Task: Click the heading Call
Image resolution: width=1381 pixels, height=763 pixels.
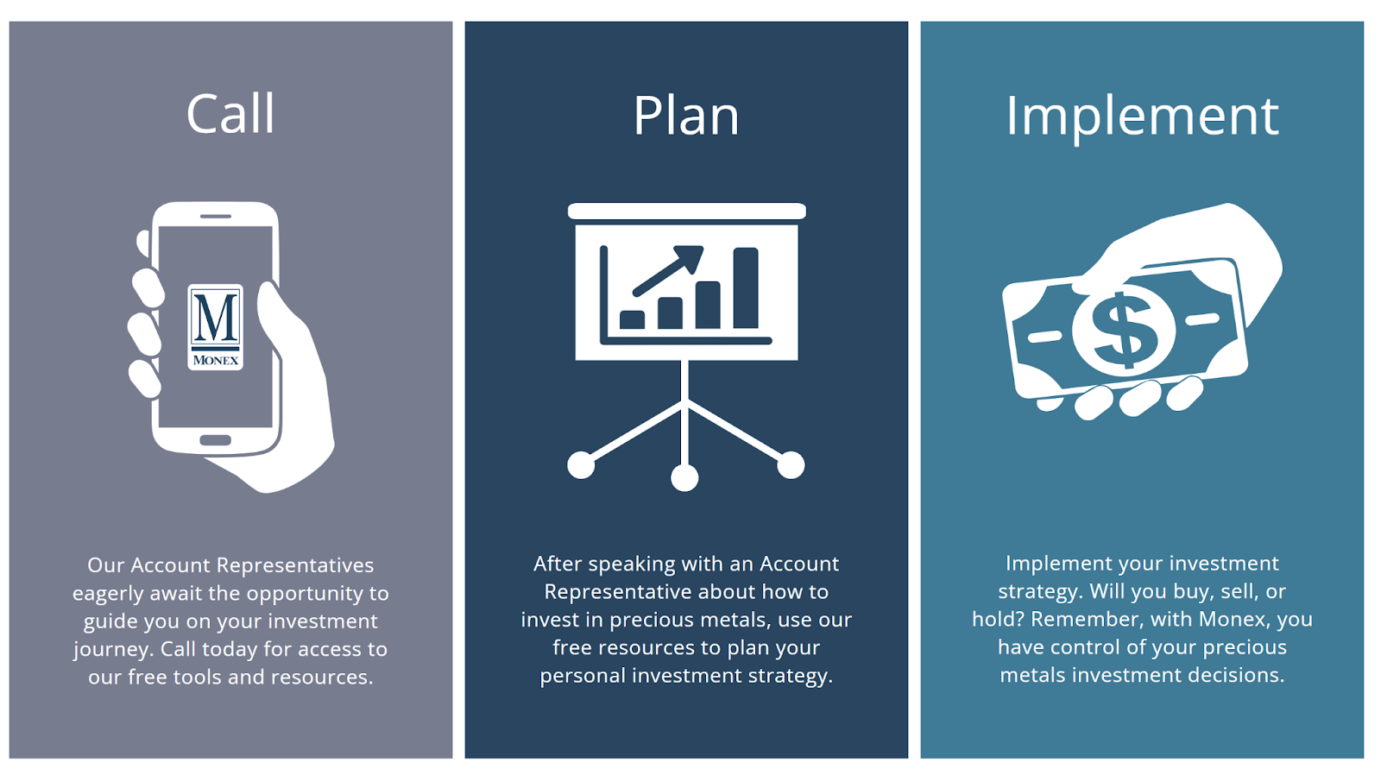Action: (230, 114)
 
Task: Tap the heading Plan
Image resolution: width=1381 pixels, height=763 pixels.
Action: (685, 116)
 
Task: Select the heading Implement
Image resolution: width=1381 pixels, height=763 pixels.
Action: (1142, 117)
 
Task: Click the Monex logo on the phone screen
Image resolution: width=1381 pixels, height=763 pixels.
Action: (215, 326)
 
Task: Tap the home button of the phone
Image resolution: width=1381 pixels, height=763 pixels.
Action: (215, 440)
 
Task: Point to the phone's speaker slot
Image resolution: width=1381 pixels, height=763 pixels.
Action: (215, 217)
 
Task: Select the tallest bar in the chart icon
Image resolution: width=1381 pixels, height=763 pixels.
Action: (746, 287)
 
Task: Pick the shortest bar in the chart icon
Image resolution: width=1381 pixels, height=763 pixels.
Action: (632, 319)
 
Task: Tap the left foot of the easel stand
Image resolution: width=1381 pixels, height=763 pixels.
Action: (581, 464)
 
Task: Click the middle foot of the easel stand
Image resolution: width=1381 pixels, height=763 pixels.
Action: (684, 477)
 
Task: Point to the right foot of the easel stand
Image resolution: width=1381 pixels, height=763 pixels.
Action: (791, 464)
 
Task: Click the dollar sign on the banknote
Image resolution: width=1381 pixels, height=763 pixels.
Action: (1123, 331)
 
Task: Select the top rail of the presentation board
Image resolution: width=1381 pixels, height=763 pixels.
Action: (687, 211)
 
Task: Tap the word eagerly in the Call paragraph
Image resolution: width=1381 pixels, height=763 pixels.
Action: (108, 594)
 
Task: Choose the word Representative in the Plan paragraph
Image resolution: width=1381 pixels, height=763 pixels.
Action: (618, 592)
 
